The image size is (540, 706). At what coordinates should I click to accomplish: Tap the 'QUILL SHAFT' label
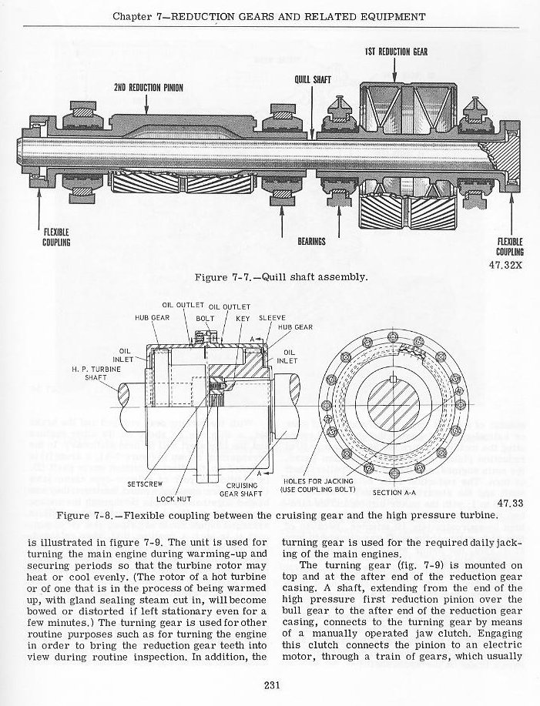(x=312, y=79)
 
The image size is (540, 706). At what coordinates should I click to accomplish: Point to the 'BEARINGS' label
(x=311, y=241)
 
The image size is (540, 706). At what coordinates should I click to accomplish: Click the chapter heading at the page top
(x=269, y=15)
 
